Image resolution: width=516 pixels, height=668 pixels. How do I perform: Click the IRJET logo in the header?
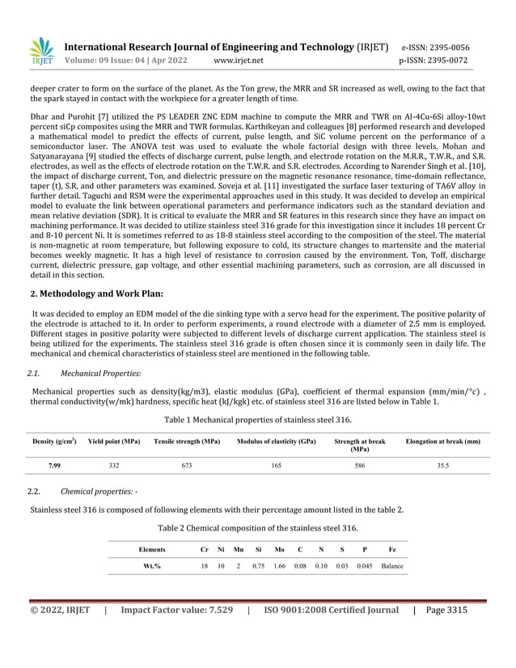[41, 52]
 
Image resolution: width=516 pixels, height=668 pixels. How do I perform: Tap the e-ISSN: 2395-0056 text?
[434, 47]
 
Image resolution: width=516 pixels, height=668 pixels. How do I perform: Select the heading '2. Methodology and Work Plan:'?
[97, 293]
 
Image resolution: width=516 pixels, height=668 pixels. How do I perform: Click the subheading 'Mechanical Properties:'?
[101, 374]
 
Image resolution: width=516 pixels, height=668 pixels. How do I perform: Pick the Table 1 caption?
[257, 420]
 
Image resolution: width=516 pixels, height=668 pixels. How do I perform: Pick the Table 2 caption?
[257, 527]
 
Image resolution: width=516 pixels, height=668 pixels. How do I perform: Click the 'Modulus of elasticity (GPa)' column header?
[276, 442]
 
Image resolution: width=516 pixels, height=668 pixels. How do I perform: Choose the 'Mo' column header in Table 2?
[279, 549]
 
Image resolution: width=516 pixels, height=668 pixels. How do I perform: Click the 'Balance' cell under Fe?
[392, 565]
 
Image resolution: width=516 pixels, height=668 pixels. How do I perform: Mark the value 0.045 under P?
[365, 565]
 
